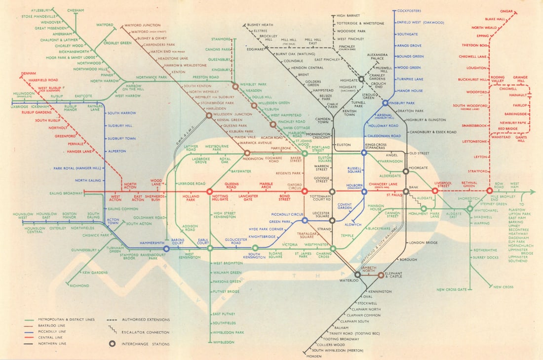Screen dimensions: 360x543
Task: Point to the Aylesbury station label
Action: [x=41, y=10]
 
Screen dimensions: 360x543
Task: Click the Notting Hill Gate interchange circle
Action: [x=209, y=191]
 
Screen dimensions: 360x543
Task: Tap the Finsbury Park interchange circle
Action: [x=386, y=103]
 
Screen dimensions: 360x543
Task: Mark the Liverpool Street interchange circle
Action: [x=435, y=191]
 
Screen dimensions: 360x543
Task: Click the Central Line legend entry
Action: [x=43, y=338]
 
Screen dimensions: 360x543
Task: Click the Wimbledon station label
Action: [x=224, y=342]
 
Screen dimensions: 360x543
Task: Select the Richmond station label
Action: [x=79, y=286]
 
